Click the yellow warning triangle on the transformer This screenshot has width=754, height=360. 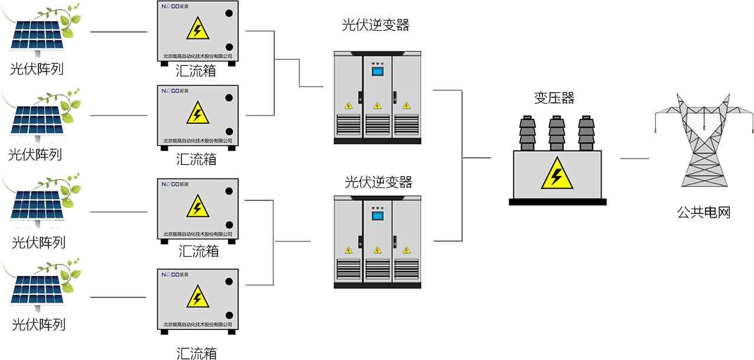557,174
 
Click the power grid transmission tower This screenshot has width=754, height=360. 704,142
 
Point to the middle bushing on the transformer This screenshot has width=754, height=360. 556,133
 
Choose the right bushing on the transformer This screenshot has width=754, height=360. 586,133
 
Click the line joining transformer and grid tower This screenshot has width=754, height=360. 634,158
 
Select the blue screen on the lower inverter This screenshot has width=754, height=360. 377,216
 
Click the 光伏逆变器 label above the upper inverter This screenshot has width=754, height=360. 376,25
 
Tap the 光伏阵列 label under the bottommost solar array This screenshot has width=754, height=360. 38,325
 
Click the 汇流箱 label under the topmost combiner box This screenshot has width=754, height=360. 196,72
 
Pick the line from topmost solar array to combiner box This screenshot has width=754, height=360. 118,32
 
